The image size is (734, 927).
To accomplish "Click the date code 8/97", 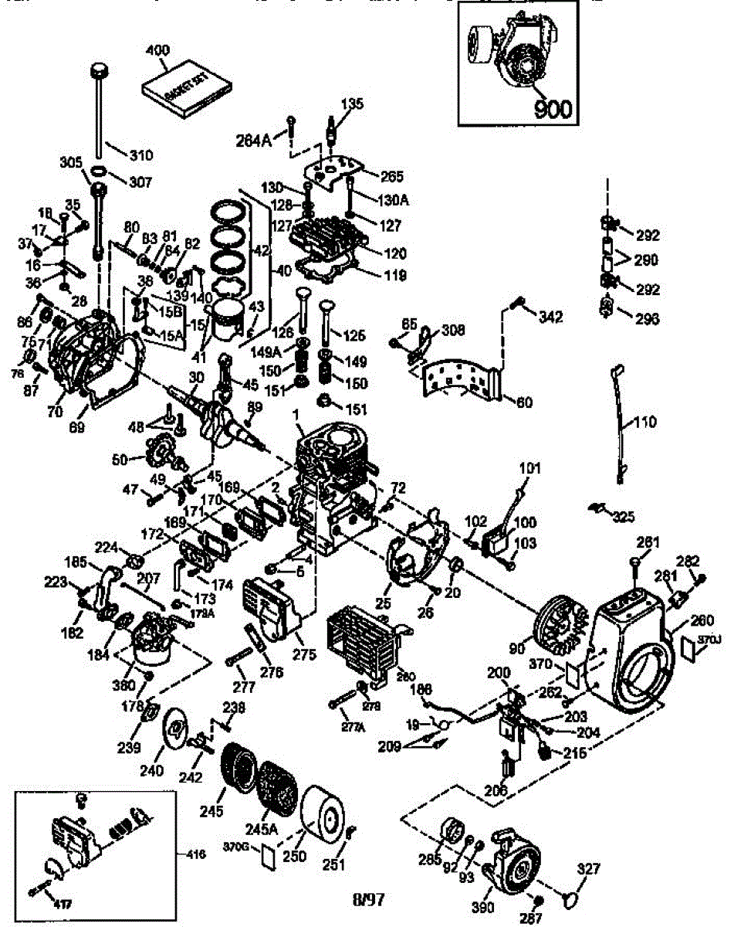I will (367, 898).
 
